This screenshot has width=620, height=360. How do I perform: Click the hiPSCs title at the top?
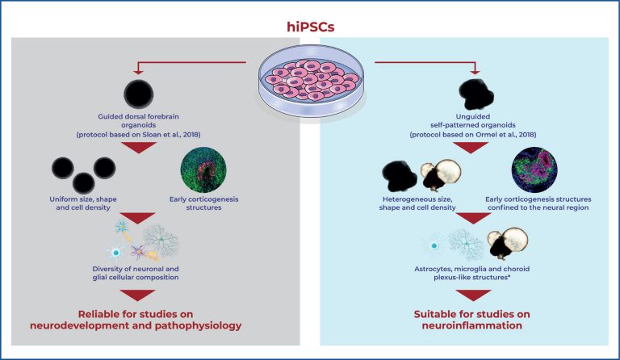coord(310,26)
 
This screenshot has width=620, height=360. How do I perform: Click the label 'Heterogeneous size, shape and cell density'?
coord(426,205)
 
